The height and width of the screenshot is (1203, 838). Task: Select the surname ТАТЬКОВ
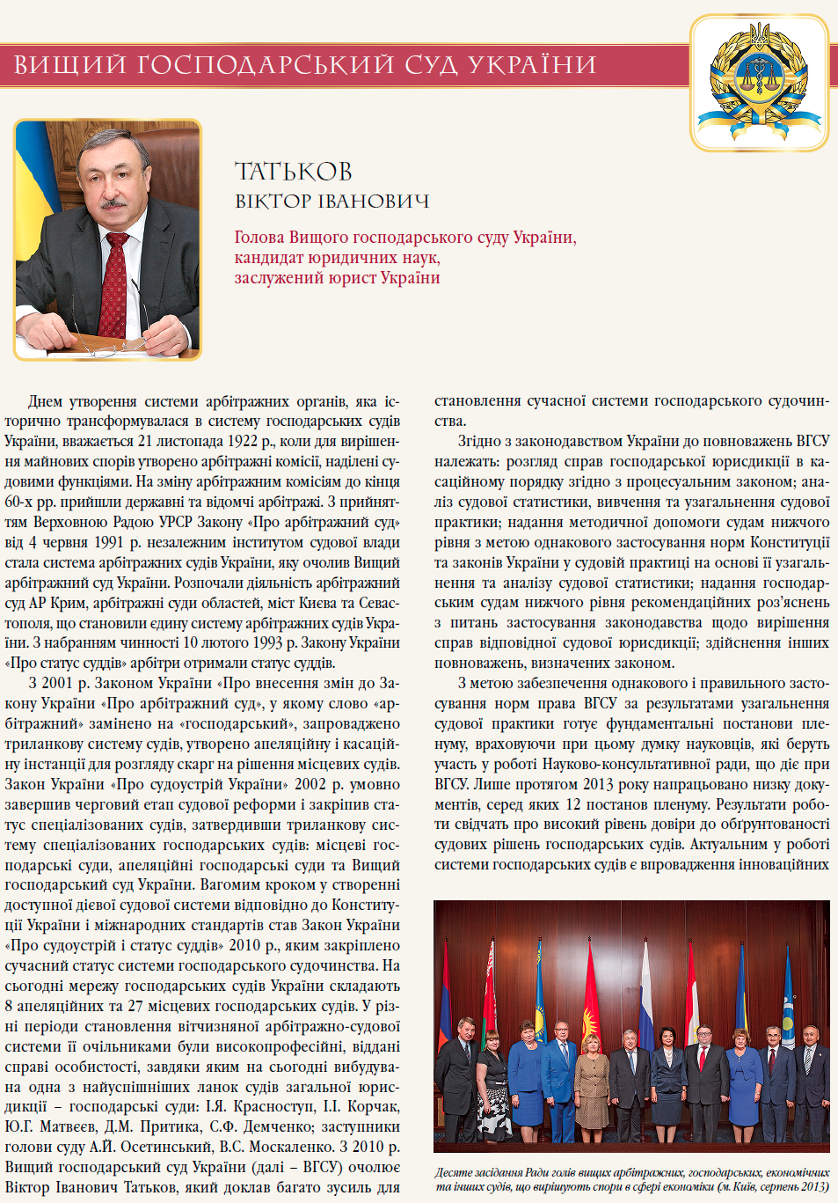pos(293,172)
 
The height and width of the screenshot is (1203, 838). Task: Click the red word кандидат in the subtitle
pos(268,258)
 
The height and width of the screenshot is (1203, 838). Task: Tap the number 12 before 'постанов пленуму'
pos(572,804)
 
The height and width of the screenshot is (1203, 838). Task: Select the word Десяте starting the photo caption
pos(455,1172)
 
